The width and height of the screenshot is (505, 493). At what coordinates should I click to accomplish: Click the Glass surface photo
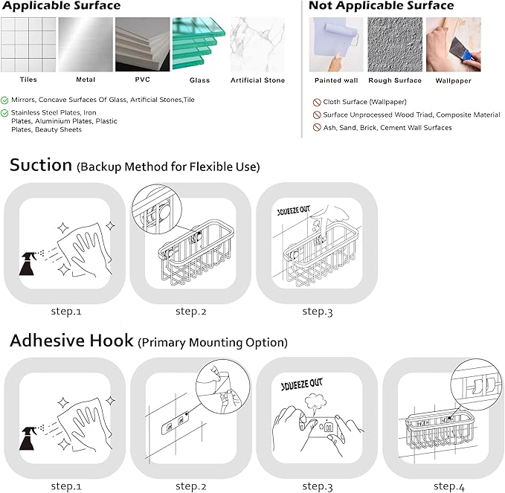199,44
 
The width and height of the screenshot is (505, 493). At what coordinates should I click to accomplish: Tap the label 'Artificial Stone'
257,80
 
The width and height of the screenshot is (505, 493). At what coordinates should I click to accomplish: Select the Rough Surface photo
395,45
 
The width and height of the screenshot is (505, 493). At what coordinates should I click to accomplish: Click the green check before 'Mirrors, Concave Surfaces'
4,100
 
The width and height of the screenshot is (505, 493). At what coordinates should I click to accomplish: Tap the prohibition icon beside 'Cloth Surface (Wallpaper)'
317,103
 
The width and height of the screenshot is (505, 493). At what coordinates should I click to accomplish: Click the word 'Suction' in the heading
41,165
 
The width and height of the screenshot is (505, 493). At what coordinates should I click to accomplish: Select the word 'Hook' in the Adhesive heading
112,341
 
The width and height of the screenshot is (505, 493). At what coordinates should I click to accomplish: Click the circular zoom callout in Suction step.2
157,209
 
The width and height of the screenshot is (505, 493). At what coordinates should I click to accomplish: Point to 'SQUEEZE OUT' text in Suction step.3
293,210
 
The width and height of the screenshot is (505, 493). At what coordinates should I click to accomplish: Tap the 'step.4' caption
449,486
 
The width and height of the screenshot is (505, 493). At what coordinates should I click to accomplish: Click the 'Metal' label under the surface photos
86,80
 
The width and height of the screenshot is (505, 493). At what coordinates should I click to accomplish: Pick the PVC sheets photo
142,44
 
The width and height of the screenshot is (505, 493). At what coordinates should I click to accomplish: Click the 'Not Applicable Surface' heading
382,5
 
